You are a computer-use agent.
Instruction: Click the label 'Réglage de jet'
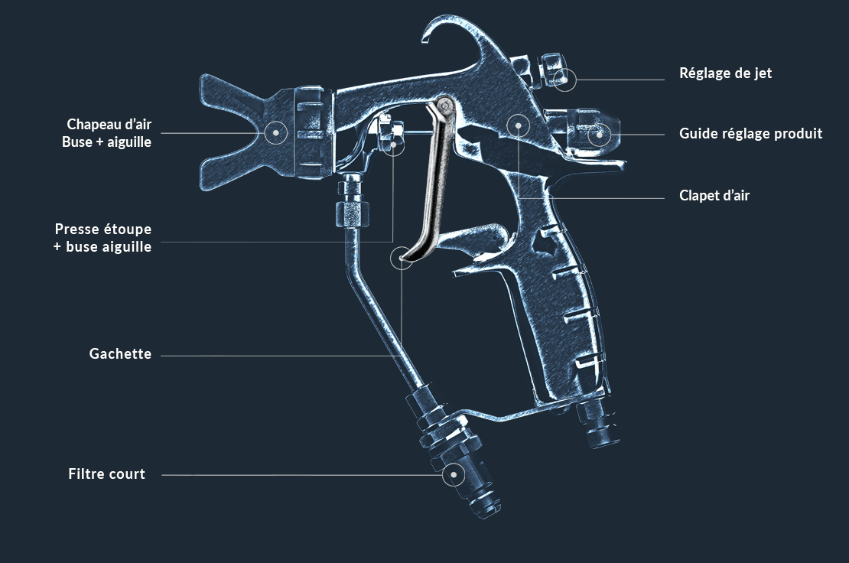pyautogui.click(x=725, y=73)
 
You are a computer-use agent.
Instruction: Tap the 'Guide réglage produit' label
pyautogui.click(x=750, y=134)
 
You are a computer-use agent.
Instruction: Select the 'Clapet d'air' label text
pyautogui.click(x=714, y=196)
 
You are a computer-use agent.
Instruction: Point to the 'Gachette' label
pyautogui.click(x=120, y=354)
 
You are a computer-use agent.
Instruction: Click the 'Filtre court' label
pyautogui.click(x=106, y=474)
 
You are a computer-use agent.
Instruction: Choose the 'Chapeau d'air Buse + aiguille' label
pyautogui.click(x=108, y=132)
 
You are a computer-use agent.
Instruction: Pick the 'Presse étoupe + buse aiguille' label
pyautogui.click(x=102, y=237)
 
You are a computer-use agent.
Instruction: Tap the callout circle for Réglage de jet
pyautogui.click(x=564, y=79)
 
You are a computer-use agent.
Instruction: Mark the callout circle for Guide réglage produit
pyautogui.click(x=600, y=135)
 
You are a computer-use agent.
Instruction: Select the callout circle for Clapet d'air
pyautogui.click(x=519, y=124)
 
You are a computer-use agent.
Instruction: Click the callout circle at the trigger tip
pyautogui.click(x=402, y=258)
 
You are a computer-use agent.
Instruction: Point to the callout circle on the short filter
pyautogui.click(x=454, y=475)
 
